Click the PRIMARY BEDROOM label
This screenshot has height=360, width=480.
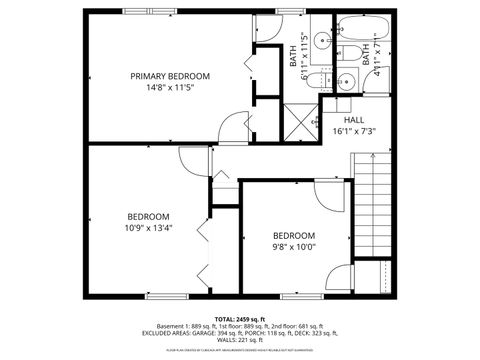coord(169,76)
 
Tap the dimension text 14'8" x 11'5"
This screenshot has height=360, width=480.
coord(169,88)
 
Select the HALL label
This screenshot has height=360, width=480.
coord(354,119)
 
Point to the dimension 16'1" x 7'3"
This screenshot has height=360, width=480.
coord(354,131)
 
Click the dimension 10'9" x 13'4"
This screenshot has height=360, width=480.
coord(147,227)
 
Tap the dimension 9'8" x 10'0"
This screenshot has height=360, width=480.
coord(294,247)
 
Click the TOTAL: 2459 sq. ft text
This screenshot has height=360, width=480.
coord(240,317)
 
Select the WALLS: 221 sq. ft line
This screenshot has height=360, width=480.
coord(240,341)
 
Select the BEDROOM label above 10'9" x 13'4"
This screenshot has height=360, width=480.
coord(147,216)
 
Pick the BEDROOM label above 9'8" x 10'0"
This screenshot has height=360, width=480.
coord(294,236)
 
